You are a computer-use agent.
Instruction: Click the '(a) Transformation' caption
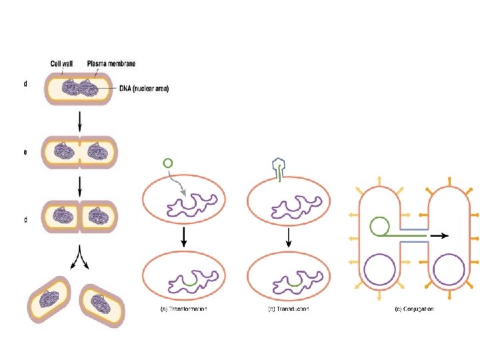[x=183, y=309]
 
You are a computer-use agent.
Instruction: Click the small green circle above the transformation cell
[x=168, y=163]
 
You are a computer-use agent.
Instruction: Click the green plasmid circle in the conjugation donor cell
[x=379, y=226]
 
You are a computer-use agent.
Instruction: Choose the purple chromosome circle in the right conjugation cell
[x=448, y=272]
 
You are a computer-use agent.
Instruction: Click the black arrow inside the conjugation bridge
[x=438, y=235]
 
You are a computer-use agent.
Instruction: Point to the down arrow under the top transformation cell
[x=183, y=235]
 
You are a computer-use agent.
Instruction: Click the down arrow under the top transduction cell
[x=288, y=235]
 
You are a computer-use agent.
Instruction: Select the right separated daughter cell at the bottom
[x=103, y=301]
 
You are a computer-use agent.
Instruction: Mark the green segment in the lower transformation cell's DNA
[x=189, y=283]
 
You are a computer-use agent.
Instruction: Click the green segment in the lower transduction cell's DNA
[x=294, y=283]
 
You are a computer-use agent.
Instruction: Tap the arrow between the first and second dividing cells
[x=80, y=121]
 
